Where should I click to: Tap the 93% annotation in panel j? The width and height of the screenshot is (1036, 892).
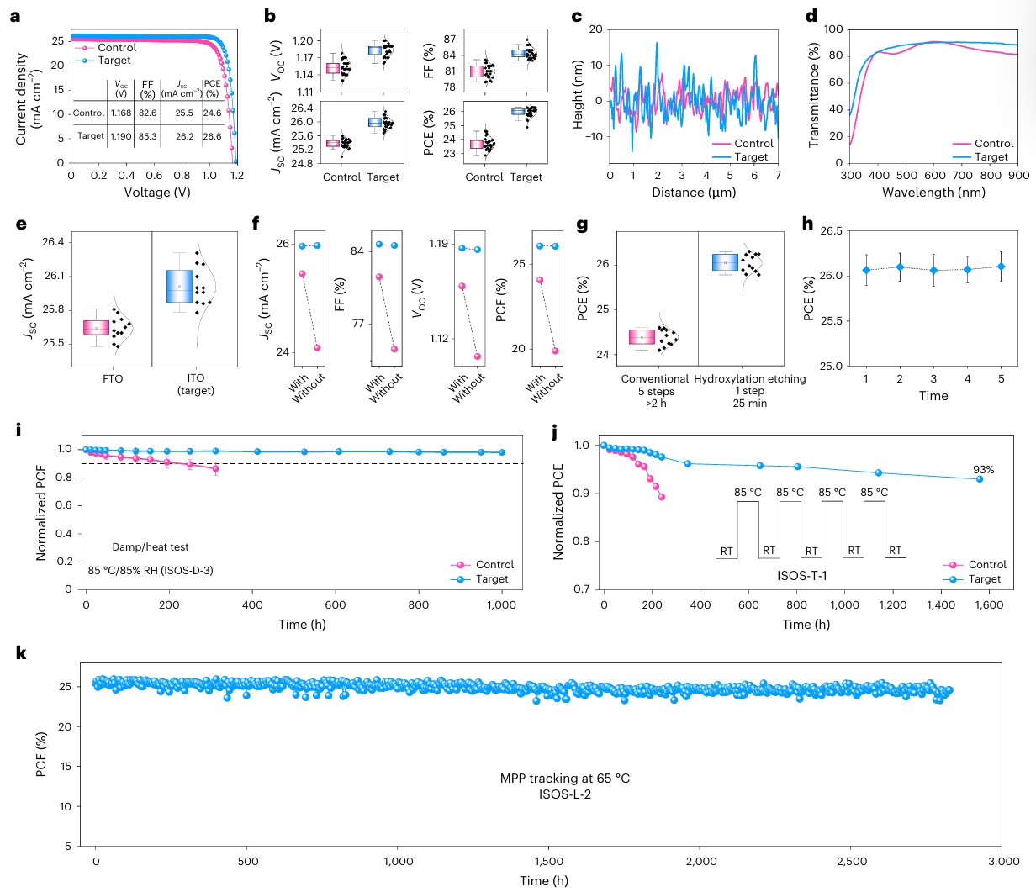click(x=983, y=470)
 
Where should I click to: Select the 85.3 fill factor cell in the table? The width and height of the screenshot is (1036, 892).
click(x=147, y=136)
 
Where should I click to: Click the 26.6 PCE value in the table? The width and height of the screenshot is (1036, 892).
click(x=212, y=136)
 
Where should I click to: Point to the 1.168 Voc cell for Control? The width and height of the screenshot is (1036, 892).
click(x=121, y=113)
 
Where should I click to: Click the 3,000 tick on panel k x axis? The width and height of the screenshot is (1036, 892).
click(x=1003, y=861)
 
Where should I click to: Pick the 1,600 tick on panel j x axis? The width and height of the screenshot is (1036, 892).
click(x=989, y=605)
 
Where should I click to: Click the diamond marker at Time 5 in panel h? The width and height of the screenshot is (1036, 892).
click(x=1001, y=267)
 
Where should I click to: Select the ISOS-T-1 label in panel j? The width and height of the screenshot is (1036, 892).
click(x=802, y=576)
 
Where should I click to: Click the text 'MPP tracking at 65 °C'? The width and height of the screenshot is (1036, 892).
click(x=565, y=779)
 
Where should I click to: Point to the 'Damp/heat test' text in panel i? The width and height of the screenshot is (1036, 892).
click(x=151, y=547)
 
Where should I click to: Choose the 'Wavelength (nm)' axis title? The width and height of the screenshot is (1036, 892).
click(x=933, y=193)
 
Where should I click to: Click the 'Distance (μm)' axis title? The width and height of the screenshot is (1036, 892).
click(x=694, y=193)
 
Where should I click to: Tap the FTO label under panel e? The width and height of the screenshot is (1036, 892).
click(x=113, y=378)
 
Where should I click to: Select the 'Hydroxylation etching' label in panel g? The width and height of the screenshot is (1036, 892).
click(x=749, y=379)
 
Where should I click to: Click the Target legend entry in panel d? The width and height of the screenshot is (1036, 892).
click(x=991, y=157)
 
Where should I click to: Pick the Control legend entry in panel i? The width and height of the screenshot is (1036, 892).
click(x=494, y=565)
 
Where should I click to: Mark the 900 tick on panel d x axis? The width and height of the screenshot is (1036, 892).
click(x=1018, y=176)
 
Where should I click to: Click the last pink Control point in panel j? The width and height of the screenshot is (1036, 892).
click(x=662, y=497)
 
